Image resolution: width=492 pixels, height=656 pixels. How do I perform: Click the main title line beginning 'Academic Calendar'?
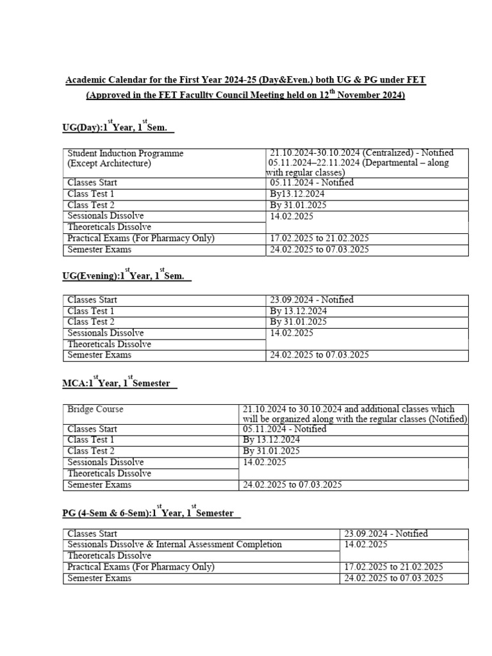[246, 79]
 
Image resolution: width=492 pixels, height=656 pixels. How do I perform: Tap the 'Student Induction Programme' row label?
[126, 153]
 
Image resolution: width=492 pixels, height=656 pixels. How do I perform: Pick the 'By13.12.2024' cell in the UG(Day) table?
[297, 193]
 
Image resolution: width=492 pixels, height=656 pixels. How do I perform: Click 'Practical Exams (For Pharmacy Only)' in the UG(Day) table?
[141, 238]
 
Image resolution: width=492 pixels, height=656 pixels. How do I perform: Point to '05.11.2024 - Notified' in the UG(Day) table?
[312, 183]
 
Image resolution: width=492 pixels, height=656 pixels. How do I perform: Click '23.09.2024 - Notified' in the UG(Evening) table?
[312, 300]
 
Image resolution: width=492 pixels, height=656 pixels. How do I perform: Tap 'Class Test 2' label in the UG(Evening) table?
[91, 322]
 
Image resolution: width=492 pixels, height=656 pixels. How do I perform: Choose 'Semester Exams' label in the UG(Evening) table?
[99, 355]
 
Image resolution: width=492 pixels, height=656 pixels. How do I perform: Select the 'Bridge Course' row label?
[95, 409]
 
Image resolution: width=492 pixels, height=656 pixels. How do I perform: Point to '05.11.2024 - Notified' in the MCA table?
[284, 429]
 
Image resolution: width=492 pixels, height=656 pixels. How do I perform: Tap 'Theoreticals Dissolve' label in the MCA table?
[109, 473]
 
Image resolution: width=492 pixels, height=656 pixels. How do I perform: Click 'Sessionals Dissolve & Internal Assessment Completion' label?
[174, 545]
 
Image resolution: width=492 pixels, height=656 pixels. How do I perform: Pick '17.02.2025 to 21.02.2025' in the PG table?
[393, 567]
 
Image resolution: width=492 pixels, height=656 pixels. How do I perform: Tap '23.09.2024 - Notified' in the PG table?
[386, 534]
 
